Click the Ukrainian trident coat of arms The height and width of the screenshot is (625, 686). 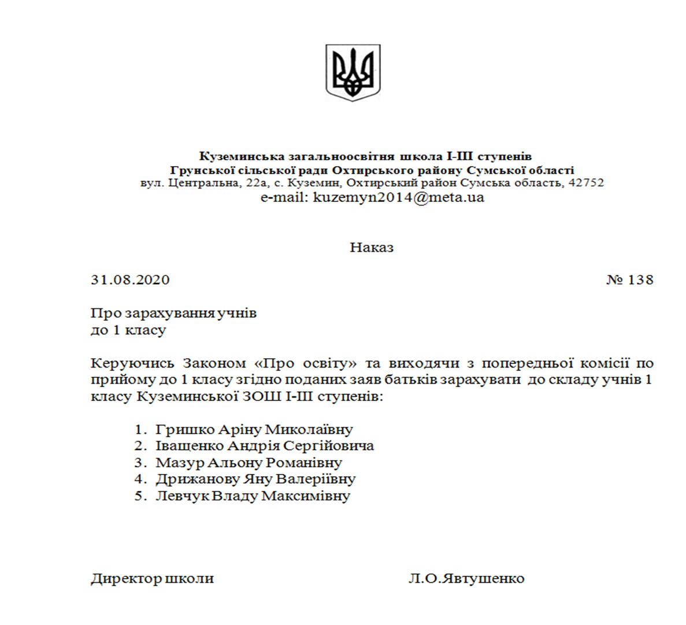(353, 73)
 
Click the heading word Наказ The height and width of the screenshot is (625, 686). (372, 248)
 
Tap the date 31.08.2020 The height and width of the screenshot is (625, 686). (130, 280)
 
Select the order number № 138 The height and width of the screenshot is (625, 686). (629, 280)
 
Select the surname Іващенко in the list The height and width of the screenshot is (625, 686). (190, 446)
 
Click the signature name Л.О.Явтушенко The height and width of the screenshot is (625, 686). (466, 579)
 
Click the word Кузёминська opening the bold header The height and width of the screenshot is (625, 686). (235, 156)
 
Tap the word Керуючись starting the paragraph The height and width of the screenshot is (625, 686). (132, 363)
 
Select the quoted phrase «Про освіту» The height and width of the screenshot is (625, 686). (305, 363)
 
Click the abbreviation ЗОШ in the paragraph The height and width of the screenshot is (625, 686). (266, 397)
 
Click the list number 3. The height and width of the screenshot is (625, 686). (138, 463)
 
